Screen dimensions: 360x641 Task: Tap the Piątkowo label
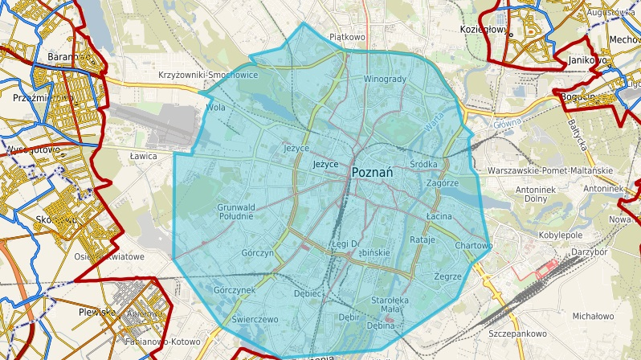[x=347, y=37]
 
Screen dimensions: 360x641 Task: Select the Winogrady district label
[x=386, y=80]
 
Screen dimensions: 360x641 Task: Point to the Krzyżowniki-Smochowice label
[x=208, y=75]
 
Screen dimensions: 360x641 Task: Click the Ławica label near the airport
[x=143, y=157]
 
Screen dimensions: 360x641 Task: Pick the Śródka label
[x=423, y=165]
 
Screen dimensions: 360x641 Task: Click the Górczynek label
[x=235, y=289]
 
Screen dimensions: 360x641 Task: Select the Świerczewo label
[x=254, y=319]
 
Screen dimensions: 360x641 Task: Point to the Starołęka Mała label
[x=381, y=305]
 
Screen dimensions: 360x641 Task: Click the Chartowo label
[x=473, y=245]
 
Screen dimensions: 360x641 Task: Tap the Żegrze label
[x=447, y=276]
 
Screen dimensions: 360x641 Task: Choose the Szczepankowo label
[x=517, y=333]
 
